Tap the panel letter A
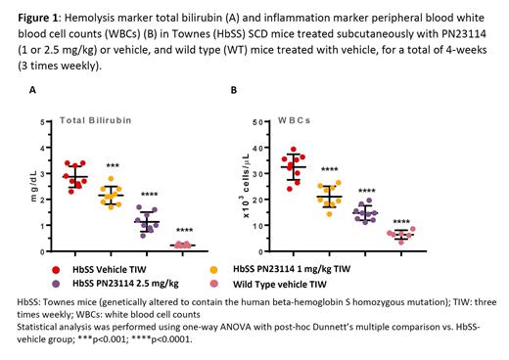32,91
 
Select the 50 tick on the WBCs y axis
256,122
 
